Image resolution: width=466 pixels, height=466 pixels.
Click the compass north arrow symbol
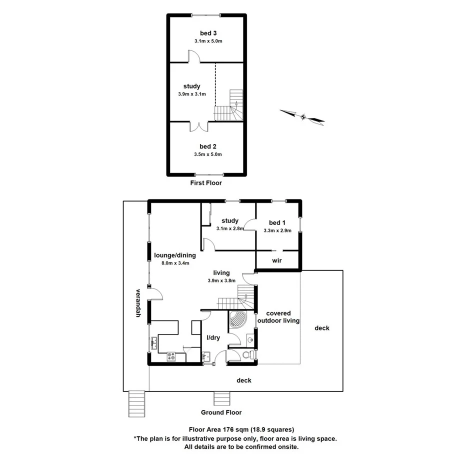click(x=302, y=116)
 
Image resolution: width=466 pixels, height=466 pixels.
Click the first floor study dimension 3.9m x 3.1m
click(x=191, y=94)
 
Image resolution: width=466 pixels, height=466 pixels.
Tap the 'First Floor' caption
click(x=205, y=183)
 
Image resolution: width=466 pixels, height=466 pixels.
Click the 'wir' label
click(x=277, y=260)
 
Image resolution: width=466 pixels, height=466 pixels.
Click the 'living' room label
click(x=221, y=273)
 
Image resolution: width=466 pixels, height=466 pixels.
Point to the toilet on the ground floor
click(x=247, y=355)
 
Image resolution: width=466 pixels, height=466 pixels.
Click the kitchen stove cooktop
click(x=171, y=356)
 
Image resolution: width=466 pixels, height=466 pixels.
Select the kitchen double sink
click(x=153, y=343)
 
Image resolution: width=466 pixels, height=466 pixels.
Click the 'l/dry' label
click(x=213, y=337)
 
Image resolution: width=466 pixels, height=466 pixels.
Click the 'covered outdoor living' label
click(x=278, y=317)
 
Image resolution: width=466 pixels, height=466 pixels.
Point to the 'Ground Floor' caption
click(x=221, y=412)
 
